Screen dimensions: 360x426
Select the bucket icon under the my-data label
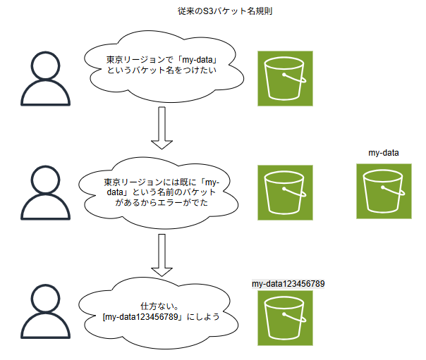[384, 192]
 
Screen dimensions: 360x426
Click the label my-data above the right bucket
[384, 152]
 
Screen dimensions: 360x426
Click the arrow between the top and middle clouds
[162, 128]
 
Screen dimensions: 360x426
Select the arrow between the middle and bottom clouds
[162, 254]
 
